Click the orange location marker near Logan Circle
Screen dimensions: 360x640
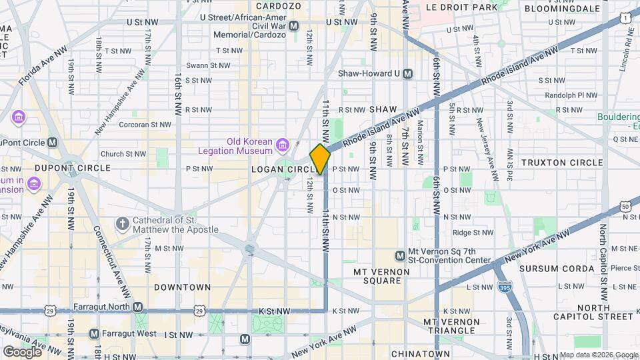click(320, 159)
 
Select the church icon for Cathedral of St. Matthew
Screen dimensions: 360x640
click(122, 224)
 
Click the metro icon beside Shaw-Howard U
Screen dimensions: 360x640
click(407, 73)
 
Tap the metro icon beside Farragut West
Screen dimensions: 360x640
click(94, 333)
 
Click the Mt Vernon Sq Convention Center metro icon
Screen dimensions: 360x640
click(401, 255)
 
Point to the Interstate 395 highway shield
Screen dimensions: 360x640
click(505, 286)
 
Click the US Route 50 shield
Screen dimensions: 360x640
click(625, 207)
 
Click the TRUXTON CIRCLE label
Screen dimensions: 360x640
click(562, 163)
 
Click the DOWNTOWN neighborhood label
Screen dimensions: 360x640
click(182, 287)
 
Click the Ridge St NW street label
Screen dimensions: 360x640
click(473, 233)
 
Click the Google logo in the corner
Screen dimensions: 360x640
click(21, 351)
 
